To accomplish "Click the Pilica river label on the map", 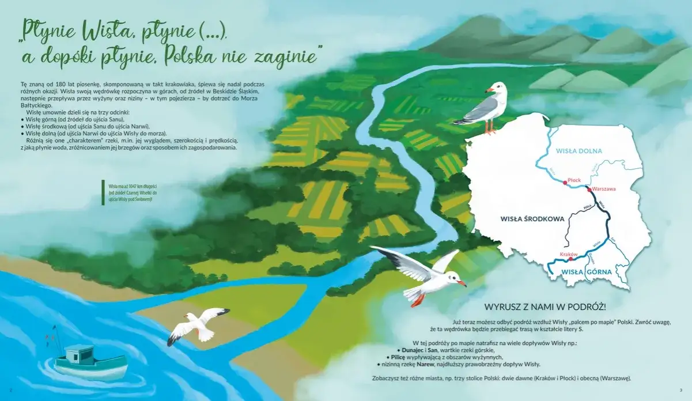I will [587, 207].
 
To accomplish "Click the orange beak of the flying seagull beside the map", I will [462, 283].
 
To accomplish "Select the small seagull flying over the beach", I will [199, 326].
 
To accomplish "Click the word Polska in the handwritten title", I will [194, 56].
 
